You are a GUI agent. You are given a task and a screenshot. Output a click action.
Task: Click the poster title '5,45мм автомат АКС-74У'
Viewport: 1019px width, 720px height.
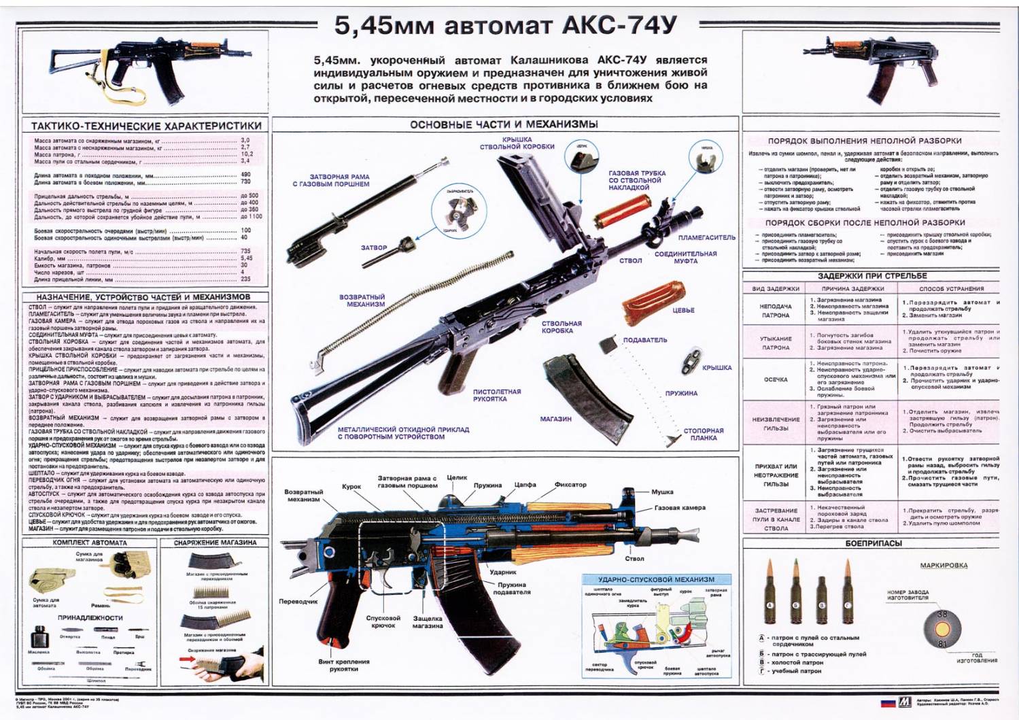[x=506, y=26]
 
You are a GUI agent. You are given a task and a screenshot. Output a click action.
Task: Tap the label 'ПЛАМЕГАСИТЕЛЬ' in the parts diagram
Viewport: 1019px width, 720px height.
[x=706, y=237]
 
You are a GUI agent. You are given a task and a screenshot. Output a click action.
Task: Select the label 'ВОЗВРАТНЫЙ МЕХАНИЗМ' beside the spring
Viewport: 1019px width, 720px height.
[x=362, y=301]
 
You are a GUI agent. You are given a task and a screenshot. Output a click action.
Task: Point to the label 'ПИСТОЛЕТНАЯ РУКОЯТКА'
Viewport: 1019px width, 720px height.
[x=497, y=395]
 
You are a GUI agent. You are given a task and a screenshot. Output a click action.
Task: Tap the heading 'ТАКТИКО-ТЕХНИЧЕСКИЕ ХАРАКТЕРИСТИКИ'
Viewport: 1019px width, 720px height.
[x=146, y=126]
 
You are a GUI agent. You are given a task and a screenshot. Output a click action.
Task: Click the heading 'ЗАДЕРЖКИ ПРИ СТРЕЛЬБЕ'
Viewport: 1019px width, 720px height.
[x=872, y=276]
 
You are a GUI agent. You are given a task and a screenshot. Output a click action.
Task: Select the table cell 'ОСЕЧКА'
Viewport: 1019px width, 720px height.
[x=776, y=379]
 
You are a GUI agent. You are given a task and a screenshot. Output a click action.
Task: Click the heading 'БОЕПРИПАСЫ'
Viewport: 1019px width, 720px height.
[x=874, y=543]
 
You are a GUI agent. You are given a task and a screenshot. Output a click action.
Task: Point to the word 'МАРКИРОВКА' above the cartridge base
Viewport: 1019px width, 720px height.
[x=944, y=566]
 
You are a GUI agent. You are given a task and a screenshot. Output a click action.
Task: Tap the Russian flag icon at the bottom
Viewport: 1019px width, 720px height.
[x=888, y=702]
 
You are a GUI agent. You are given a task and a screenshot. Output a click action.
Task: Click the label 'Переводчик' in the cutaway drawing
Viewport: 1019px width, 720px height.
[x=298, y=601]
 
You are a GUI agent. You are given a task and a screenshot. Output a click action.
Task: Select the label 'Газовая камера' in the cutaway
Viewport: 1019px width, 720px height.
[x=680, y=508]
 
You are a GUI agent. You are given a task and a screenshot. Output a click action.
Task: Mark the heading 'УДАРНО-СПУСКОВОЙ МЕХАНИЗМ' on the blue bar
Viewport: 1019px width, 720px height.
[x=656, y=579]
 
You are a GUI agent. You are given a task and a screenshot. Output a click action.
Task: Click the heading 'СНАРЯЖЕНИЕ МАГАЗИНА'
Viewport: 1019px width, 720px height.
[x=215, y=543]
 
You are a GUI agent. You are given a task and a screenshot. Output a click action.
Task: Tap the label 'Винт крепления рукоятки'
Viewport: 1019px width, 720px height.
[x=344, y=665]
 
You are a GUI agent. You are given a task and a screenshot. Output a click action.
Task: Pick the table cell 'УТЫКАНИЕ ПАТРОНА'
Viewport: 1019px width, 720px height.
[x=776, y=343]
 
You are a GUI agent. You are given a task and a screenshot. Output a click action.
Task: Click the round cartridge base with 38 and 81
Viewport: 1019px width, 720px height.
[x=942, y=629]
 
